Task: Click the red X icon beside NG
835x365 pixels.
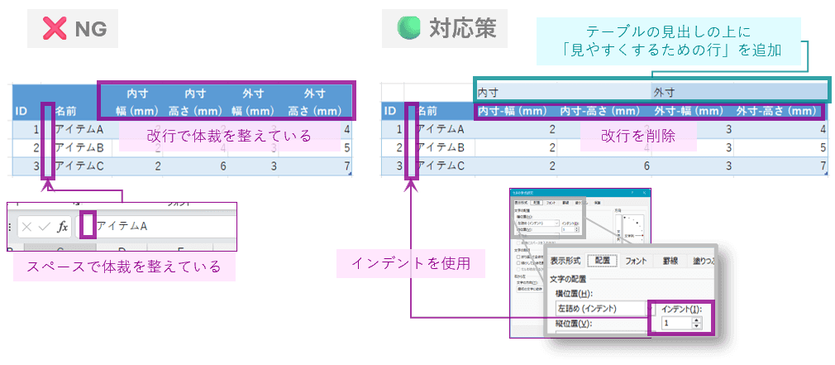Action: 55,31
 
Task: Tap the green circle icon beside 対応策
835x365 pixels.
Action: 408,29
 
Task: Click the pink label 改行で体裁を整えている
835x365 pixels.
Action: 229,136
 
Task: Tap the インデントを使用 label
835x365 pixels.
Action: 411,264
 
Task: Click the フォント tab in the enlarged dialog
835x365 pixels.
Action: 636,260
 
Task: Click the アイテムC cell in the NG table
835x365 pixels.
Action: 78,166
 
